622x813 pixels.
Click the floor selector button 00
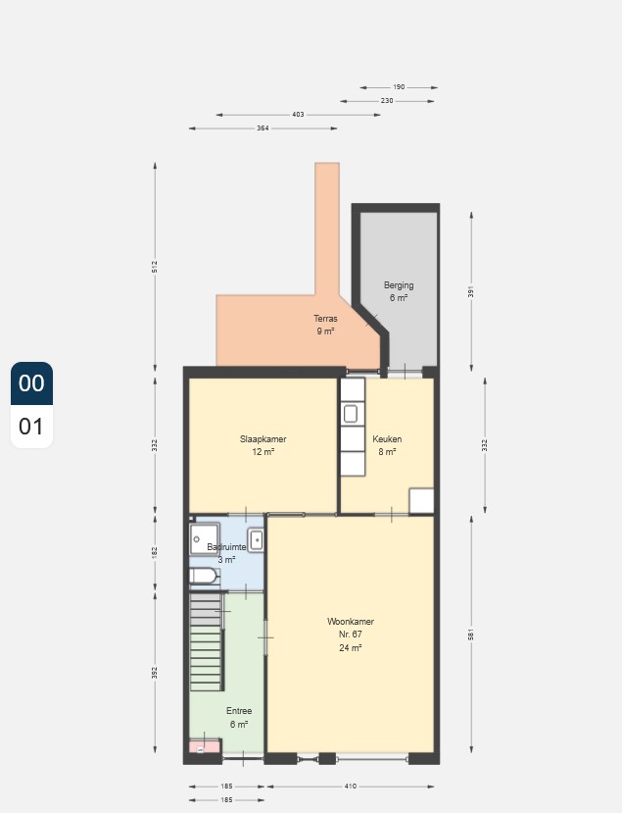point(31,383)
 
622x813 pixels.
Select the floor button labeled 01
point(31,427)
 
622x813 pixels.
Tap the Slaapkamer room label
point(263,439)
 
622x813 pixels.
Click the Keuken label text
point(387,439)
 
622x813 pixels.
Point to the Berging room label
point(398,285)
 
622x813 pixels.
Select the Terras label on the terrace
point(325,319)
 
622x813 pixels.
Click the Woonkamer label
point(351,622)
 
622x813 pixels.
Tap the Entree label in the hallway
point(239,711)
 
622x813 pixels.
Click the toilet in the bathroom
point(204,576)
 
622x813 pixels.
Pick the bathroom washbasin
point(256,539)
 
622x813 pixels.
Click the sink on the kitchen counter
point(351,414)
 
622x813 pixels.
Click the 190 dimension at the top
point(399,87)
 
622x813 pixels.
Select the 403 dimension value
point(298,115)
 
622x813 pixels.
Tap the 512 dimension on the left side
point(155,267)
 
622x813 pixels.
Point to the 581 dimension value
point(471,635)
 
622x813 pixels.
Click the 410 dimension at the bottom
point(351,787)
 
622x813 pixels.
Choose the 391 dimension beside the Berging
point(471,291)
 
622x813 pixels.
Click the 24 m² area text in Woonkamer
point(351,648)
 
